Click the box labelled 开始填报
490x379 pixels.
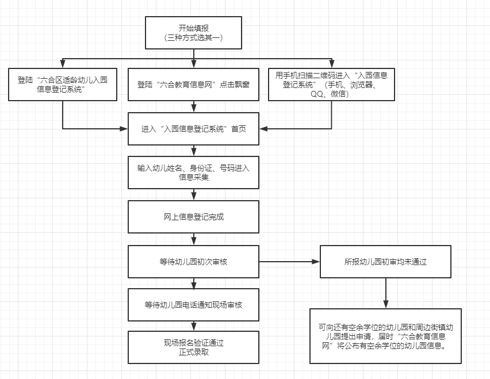tap(193, 32)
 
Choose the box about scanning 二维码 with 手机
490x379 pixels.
tap(331, 85)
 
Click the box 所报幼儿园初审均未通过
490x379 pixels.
tap(385, 262)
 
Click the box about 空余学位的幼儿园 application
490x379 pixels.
tap(385, 336)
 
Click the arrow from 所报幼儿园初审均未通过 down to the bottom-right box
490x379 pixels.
tap(385, 293)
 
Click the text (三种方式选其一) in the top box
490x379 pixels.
tap(193, 37)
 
